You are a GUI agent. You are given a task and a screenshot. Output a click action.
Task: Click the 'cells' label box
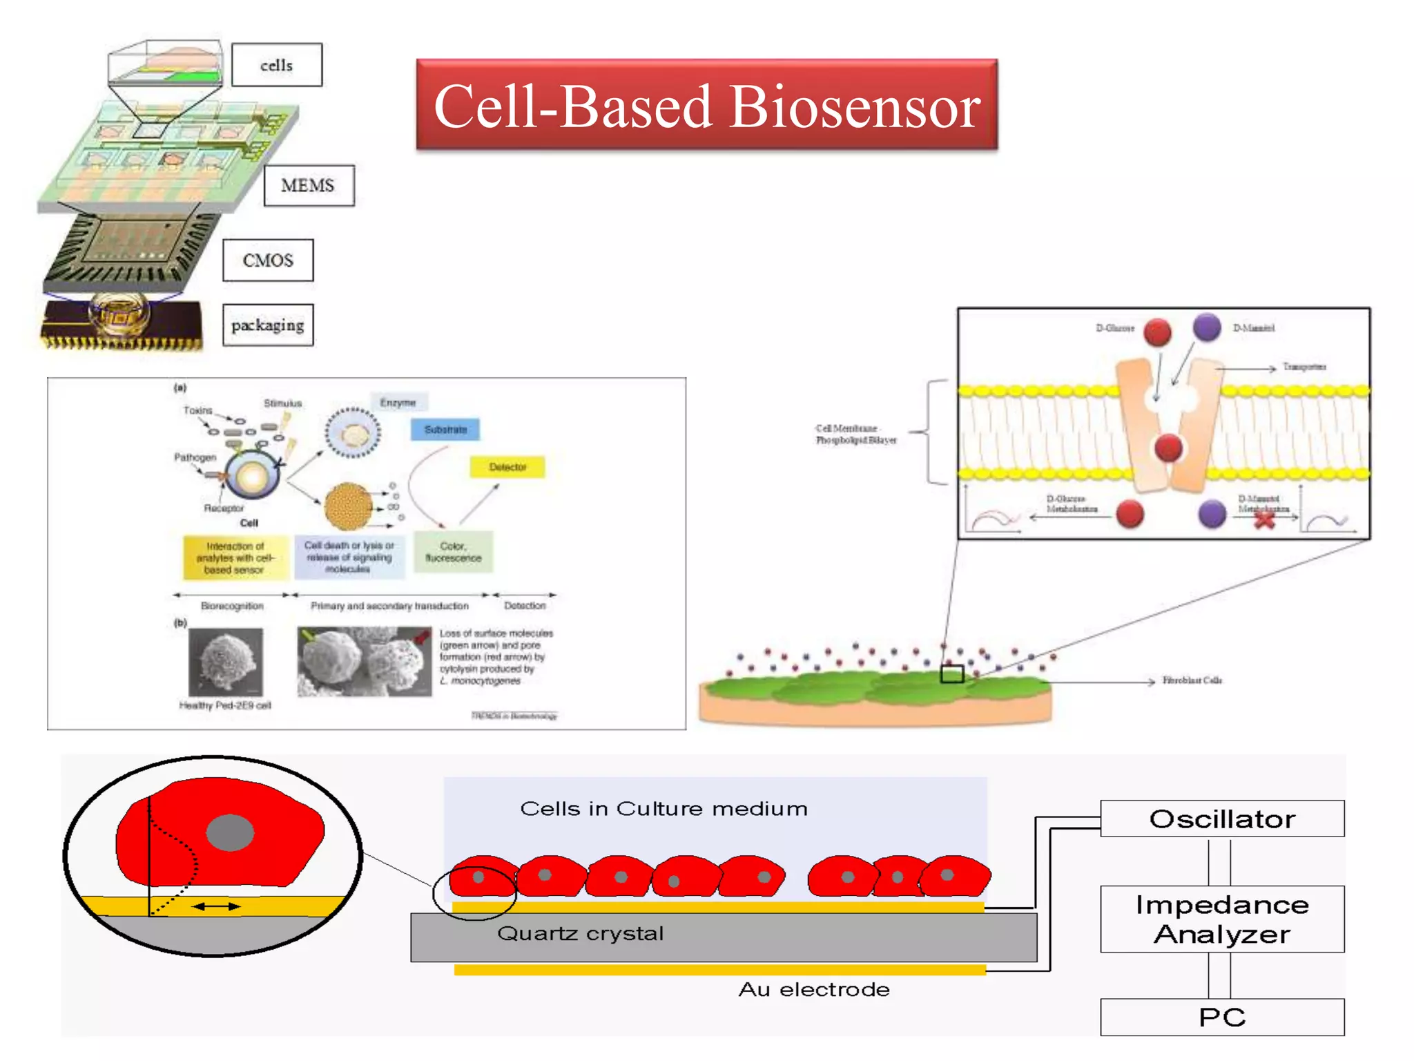point(276,65)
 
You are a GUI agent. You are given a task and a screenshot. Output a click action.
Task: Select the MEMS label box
point(308,185)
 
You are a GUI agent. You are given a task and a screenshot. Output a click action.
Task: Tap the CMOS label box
point(268,260)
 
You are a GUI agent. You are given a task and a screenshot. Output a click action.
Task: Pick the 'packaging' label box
point(268,325)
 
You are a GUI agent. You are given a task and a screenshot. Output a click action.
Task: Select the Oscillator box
point(1221,819)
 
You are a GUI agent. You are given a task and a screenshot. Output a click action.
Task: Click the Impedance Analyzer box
point(1221,919)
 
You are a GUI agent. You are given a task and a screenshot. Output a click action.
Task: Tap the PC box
point(1221,1017)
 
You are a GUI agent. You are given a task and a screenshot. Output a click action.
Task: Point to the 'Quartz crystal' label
point(580,934)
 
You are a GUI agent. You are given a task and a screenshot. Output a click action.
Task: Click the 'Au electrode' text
point(813,990)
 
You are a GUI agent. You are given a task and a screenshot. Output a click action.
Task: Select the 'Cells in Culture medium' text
point(663,809)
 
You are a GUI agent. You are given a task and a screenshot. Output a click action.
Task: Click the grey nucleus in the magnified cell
point(230,832)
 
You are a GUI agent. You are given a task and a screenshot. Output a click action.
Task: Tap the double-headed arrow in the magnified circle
point(216,906)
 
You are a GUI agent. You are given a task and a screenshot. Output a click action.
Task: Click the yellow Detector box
point(507,467)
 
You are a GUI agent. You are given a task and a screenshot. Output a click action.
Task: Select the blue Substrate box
point(445,430)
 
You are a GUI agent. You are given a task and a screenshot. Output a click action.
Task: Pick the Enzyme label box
point(398,403)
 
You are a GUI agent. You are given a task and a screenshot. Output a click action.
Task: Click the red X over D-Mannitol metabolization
point(1264,519)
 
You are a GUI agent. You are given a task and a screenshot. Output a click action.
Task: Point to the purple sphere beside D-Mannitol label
point(1207,327)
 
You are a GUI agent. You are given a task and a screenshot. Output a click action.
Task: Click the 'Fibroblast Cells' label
point(1192,680)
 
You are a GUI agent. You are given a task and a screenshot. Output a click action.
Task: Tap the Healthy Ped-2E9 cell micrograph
point(226,662)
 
